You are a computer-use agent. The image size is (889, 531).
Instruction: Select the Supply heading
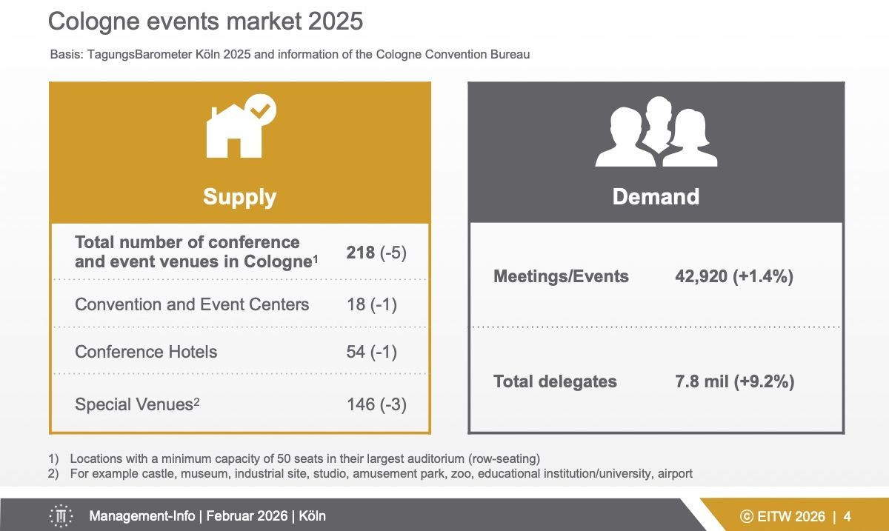click(239, 197)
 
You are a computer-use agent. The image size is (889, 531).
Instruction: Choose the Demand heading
click(656, 196)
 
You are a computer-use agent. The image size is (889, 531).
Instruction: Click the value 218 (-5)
click(376, 253)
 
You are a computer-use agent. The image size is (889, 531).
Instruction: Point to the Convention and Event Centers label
click(192, 304)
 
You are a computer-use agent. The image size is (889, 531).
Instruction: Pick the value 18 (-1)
click(371, 304)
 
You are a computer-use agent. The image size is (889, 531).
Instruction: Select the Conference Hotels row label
click(146, 351)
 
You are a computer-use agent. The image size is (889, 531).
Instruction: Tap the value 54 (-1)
click(371, 352)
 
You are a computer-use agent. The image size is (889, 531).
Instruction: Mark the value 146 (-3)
click(376, 404)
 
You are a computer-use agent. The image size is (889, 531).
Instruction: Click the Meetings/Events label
click(561, 276)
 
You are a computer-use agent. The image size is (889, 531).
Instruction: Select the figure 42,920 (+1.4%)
click(734, 276)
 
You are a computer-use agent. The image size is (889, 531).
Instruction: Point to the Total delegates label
click(555, 381)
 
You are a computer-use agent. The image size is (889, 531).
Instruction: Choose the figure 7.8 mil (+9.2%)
click(734, 381)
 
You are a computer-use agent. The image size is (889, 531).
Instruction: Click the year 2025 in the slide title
click(332, 21)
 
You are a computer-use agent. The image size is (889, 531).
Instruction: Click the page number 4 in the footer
click(847, 516)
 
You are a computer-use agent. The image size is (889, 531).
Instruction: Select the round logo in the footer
click(61, 516)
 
